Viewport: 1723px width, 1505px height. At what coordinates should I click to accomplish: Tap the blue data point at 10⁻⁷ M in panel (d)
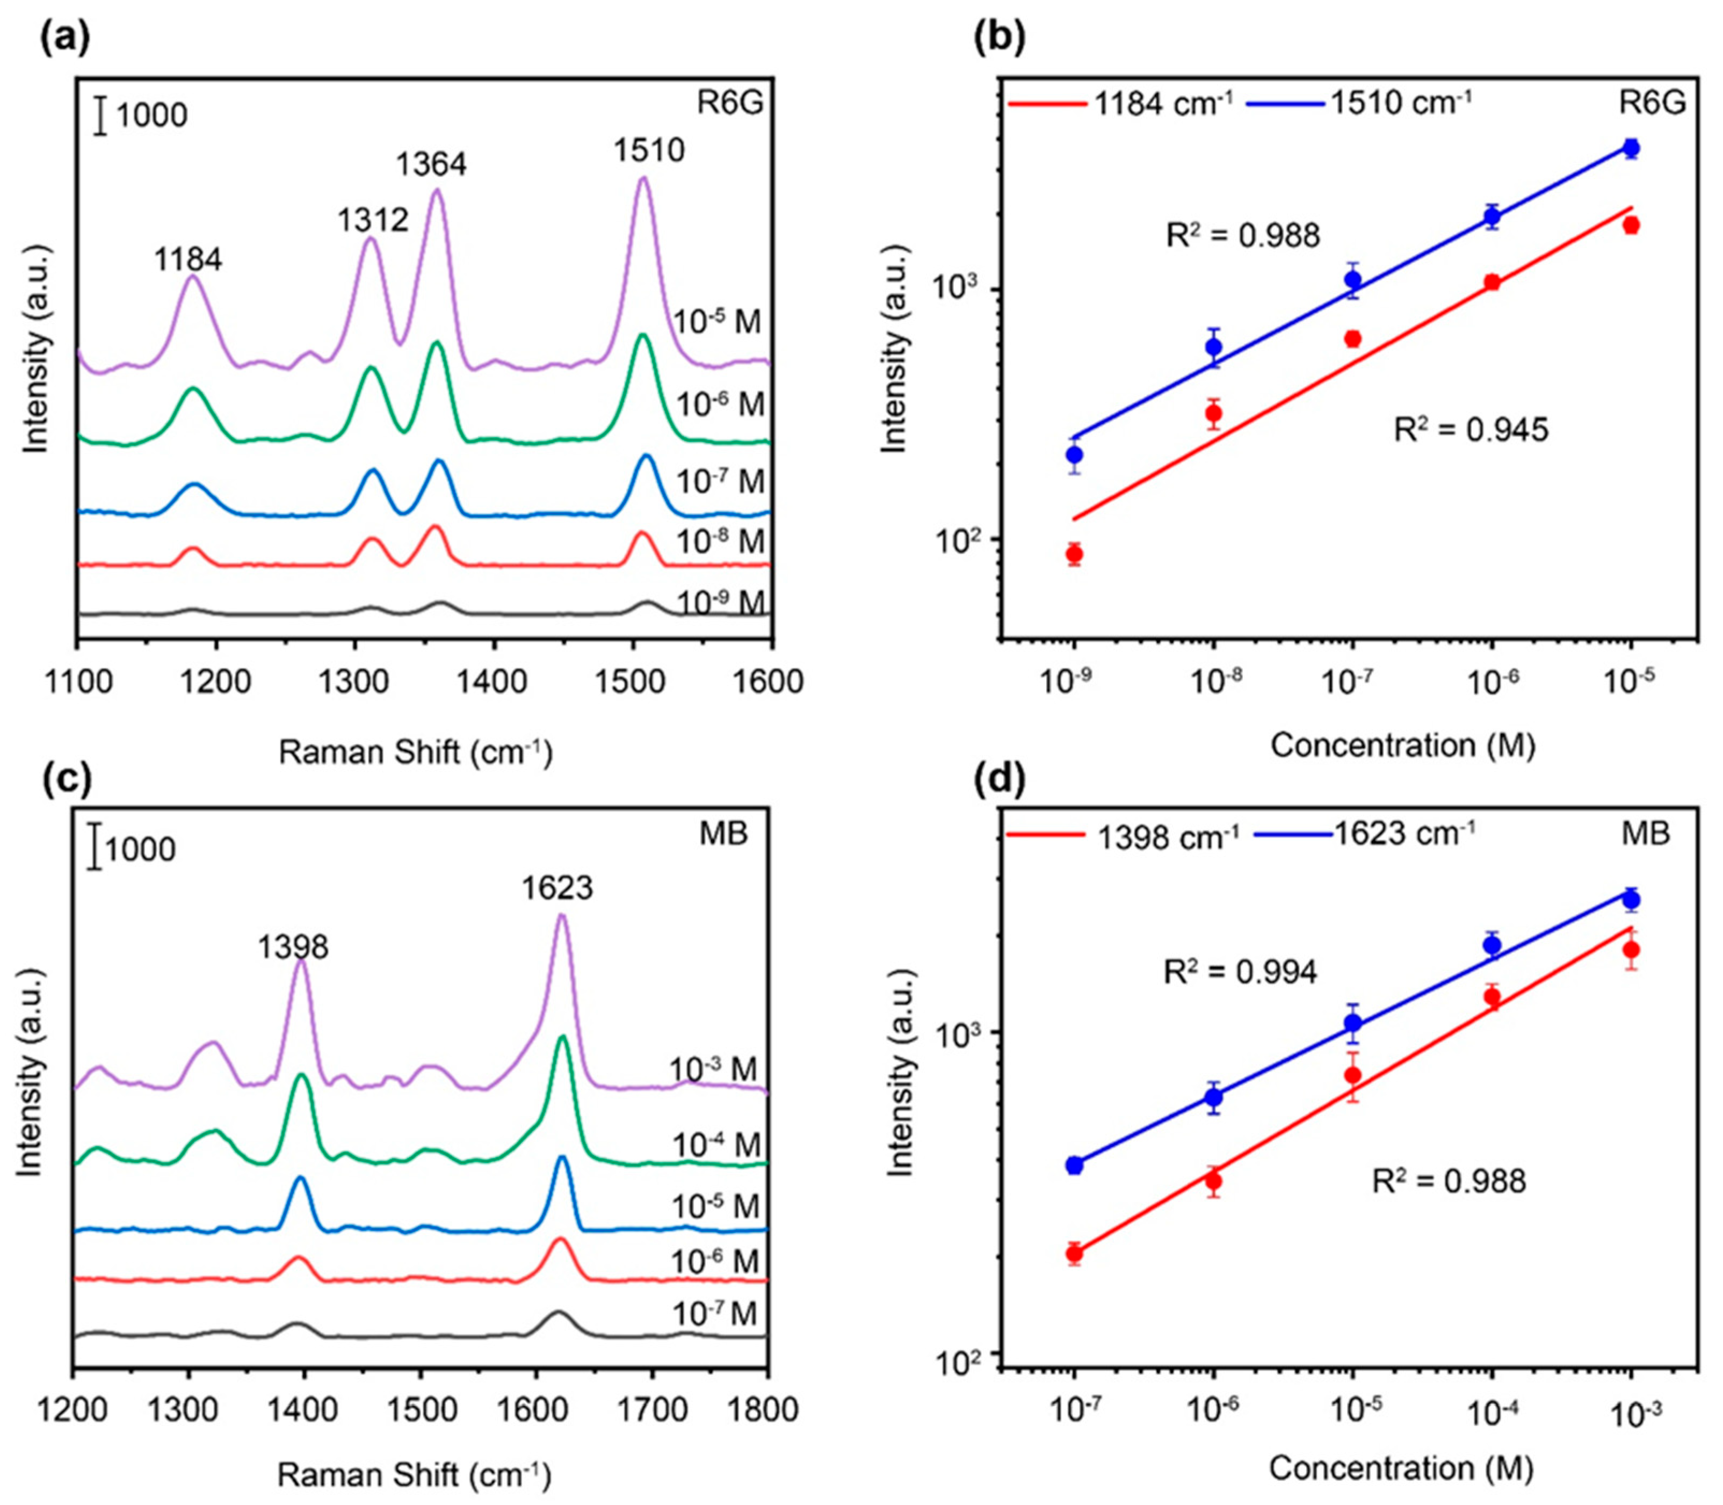(1074, 1165)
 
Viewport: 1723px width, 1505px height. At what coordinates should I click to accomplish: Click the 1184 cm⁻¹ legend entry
(1120, 103)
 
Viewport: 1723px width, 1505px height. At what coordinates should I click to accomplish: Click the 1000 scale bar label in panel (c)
(140, 849)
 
